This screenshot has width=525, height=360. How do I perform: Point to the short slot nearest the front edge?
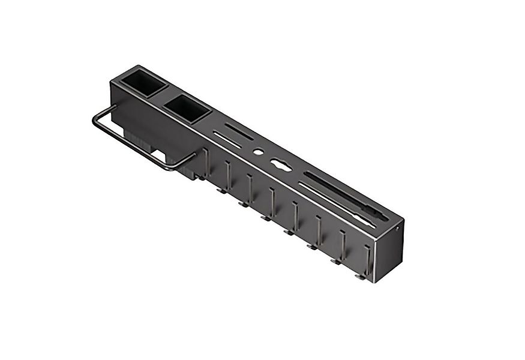click(227, 140)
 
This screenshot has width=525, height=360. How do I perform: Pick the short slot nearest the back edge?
click(238, 131)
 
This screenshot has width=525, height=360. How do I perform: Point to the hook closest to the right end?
click(365, 262)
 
